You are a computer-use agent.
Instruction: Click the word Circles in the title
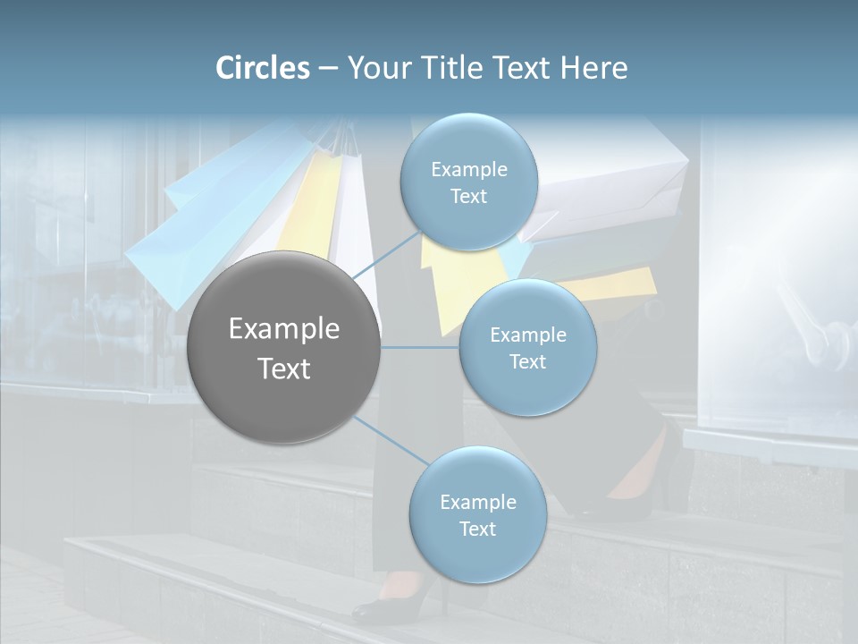click(263, 68)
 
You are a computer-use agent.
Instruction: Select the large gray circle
click(284, 347)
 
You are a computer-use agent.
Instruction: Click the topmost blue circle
click(468, 182)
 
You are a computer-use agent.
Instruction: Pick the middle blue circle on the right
click(527, 347)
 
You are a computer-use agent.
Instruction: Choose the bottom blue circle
click(477, 514)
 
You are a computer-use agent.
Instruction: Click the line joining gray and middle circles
click(420, 347)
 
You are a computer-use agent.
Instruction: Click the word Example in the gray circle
click(284, 329)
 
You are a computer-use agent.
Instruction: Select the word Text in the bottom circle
click(477, 529)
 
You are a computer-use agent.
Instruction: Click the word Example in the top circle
click(468, 169)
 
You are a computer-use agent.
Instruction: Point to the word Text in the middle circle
click(527, 361)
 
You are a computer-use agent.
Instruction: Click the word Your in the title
click(379, 68)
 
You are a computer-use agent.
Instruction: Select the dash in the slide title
click(328, 68)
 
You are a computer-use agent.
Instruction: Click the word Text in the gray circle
click(284, 369)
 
